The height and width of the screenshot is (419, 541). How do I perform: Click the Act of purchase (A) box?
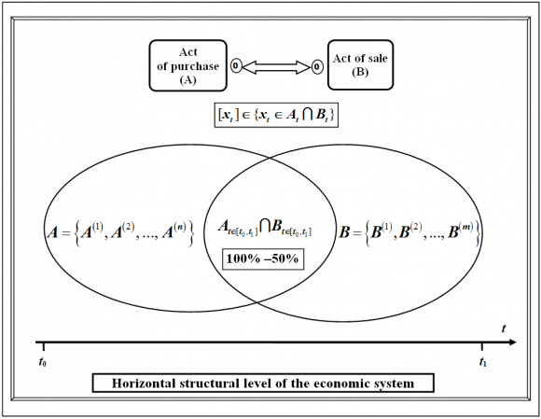(188, 65)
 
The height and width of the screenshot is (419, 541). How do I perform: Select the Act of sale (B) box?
(360, 65)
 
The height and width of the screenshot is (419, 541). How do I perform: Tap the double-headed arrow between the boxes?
(276, 66)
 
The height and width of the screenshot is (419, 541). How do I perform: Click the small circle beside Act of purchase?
(236, 65)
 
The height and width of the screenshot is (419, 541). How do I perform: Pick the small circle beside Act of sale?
(317, 66)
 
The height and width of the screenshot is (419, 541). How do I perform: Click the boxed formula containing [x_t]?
(276, 115)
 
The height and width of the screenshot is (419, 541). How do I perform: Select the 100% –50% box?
(262, 258)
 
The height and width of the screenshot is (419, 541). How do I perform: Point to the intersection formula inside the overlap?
(265, 229)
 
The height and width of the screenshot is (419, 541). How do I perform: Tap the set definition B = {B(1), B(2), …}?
(409, 232)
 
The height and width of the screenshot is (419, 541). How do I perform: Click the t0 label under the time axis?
(42, 362)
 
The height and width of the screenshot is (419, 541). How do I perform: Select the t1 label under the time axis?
(482, 362)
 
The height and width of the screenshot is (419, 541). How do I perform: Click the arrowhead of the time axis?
(512, 342)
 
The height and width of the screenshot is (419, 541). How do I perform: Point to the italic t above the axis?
(504, 328)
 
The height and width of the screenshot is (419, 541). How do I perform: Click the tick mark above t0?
(44, 346)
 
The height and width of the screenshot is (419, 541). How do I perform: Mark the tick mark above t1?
(482, 346)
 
